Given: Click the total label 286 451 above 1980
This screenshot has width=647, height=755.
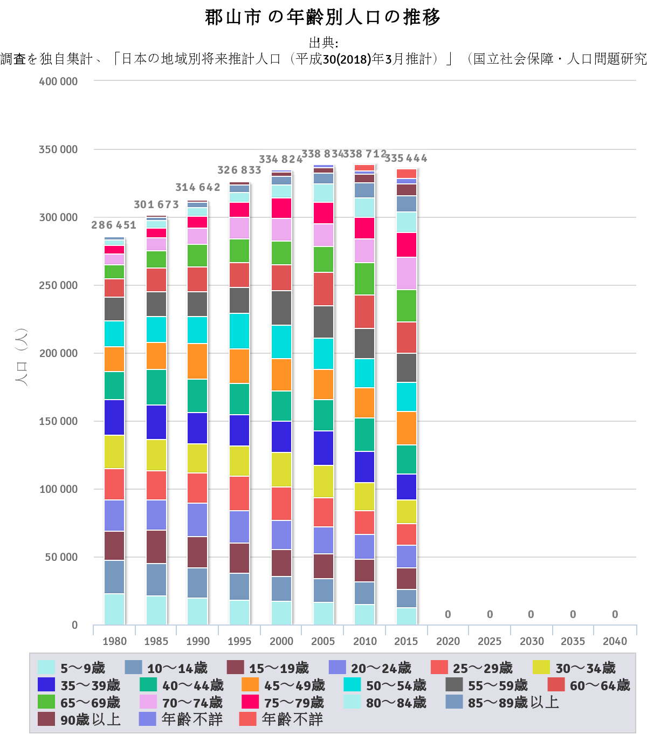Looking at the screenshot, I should (114, 225).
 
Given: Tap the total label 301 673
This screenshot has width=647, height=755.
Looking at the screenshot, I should (156, 204).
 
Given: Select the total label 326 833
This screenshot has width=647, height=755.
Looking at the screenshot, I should (239, 170).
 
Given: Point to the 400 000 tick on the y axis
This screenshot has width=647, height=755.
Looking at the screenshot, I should (58, 81).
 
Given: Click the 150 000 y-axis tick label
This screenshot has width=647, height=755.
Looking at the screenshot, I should (58, 421).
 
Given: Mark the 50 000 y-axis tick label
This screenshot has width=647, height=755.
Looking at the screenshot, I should (60, 557).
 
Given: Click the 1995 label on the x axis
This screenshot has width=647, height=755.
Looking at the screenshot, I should (239, 641).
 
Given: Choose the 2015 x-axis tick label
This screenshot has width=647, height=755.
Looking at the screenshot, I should (406, 641).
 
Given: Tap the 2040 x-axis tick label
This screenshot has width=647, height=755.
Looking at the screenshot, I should (615, 641).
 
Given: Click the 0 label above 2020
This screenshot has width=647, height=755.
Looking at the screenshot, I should (448, 614).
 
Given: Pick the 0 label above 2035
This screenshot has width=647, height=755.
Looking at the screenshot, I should (573, 614).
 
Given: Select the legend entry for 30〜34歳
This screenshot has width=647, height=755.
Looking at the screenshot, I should (574, 668).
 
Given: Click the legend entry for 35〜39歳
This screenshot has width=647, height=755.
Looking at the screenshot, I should (79, 685).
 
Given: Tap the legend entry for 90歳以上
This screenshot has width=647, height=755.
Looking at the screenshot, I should (79, 719).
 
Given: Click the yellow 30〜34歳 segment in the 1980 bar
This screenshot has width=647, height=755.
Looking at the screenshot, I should (114, 452).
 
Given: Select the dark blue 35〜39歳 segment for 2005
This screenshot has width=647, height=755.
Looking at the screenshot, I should (323, 448).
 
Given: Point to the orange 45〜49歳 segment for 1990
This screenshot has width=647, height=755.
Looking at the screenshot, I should (197, 361).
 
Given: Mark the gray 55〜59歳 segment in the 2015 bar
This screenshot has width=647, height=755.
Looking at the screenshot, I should (406, 368).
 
